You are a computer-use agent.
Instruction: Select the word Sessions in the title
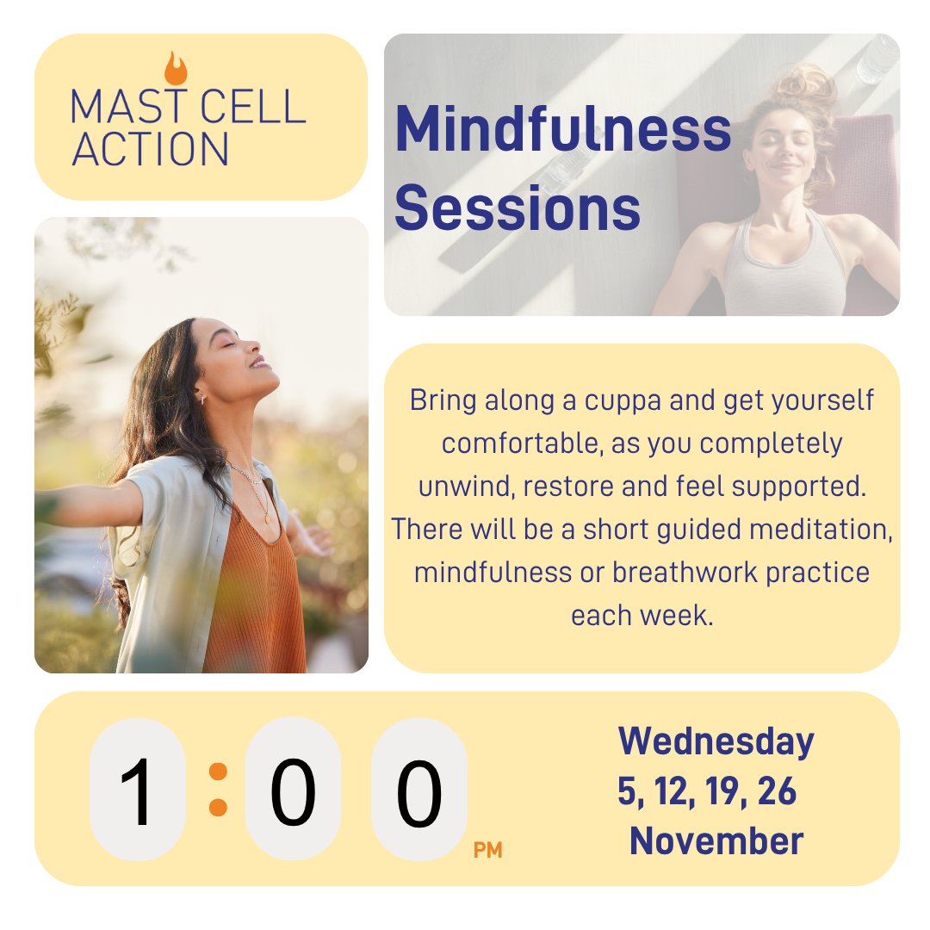tap(517, 209)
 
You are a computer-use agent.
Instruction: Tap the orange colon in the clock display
tap(218, 789)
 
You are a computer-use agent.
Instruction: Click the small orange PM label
tap(487, 852)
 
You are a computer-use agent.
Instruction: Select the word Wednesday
tap(716, 741)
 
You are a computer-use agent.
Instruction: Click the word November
tap(716, 841)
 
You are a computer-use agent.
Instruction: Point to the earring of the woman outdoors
tap(203, 398)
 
